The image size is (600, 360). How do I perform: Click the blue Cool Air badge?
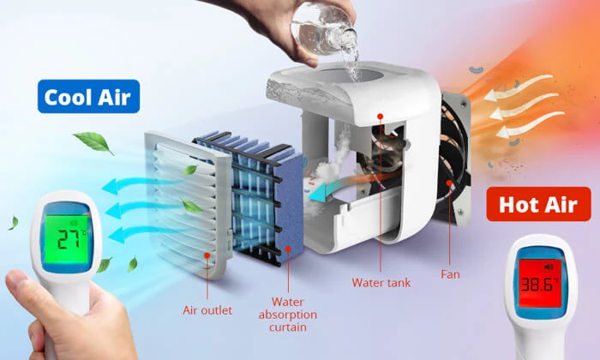click(x=88, y=96)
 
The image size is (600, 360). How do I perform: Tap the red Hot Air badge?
click(x=538, y=204)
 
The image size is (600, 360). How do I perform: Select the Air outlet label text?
click(x=207, y=310)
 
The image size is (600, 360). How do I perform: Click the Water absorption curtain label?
click(x=288, y=315)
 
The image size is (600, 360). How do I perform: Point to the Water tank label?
click(x=381, y=282)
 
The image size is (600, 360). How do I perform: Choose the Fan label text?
click(x=450, y=274)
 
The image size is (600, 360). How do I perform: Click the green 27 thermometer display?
click(x=67, y=239)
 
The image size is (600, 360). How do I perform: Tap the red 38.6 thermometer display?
click(x=540, y=284)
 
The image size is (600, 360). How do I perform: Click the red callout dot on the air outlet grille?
click(x=207, y=255)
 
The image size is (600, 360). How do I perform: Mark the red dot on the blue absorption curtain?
click(x=288, y=249)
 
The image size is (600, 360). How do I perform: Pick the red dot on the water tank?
click(x=380, y=116)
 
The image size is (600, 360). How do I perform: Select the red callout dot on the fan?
click(x=448, y=183)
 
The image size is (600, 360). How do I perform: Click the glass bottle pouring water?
click(x=324, y=27)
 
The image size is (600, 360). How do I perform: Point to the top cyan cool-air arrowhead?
click(x=110, y=186)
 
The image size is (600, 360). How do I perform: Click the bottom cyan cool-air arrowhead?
click(x=117, y=235)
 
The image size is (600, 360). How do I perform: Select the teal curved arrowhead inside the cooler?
click(x=317, y=192)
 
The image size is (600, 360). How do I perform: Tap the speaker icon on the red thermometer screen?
click(x=549, y=267)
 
